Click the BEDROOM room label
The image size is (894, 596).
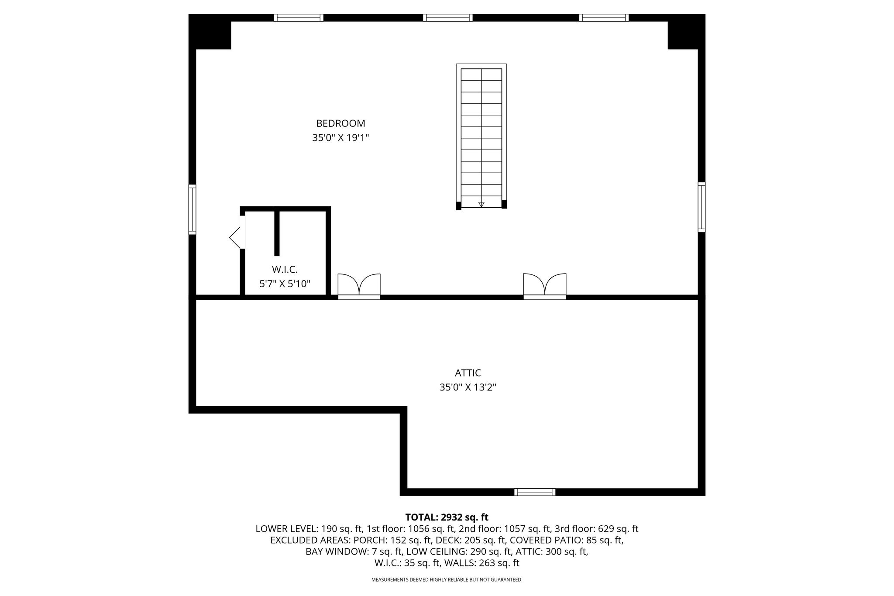[340, 123]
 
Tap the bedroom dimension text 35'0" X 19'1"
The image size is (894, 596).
[340, 138]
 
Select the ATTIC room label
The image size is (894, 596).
[468, 373]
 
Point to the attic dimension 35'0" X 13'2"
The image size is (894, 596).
[468, 387]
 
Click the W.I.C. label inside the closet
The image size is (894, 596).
[285, 270]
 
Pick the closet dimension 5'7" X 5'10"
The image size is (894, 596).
[285, 284]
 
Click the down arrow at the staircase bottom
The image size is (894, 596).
[481, 204]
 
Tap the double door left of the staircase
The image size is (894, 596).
[359, 286]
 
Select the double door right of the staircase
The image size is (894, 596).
[545, 286]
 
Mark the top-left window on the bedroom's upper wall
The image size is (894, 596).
[299, 18]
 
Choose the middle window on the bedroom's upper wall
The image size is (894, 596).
[448, 18]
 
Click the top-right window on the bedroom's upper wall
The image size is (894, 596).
[604, 18]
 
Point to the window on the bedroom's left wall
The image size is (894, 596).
[192, 209]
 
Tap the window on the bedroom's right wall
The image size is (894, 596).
[701, 207]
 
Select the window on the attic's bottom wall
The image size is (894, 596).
[535, 492]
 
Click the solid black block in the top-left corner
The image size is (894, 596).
[210, 32]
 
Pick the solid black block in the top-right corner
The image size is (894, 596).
[686, 32]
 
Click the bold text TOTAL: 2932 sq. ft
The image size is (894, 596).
[447, 517]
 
